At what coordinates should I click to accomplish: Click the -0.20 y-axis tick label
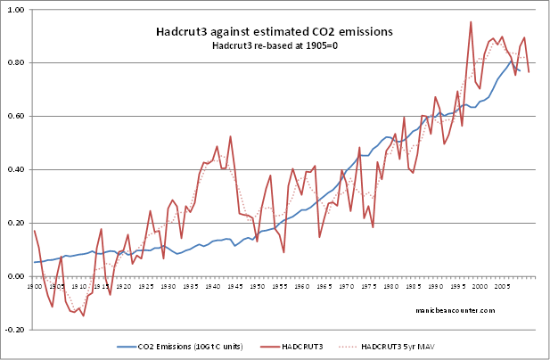point(15,330)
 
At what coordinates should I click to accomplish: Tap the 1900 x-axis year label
point(36,288)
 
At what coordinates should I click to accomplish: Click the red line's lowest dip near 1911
point(83,315)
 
